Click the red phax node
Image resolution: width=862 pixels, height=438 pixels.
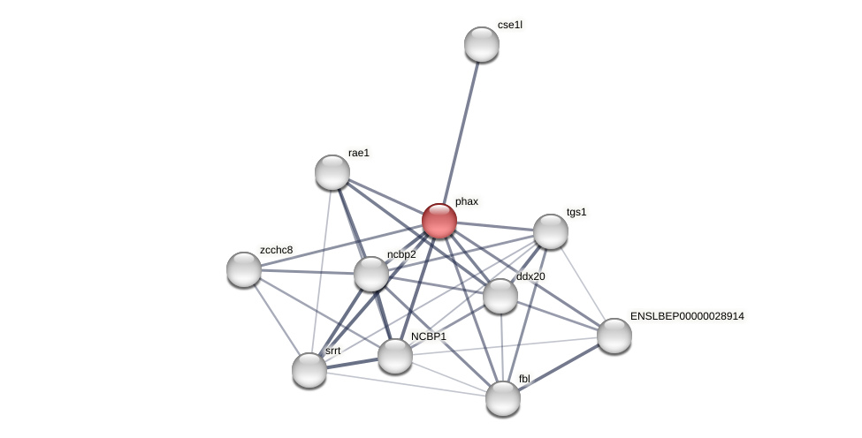[439, 221]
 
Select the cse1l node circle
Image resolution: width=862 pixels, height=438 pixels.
[482, 44]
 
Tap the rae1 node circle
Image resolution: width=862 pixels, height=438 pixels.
[332, 172]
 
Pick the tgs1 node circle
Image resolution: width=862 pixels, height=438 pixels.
[550, 231]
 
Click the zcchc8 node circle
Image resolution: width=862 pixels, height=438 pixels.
[244, 269]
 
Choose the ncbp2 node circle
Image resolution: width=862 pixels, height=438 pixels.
[371, 274]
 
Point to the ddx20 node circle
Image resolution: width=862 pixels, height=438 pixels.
[500, 296]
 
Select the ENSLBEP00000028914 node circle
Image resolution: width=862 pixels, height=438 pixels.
[614, 336]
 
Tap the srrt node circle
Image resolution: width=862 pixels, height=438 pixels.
[309, 370]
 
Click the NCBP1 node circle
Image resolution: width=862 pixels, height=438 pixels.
[395, 356]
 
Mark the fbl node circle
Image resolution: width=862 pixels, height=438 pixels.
[503, 398]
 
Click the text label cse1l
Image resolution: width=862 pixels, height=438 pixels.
[510, 25]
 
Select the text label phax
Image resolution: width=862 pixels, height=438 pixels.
[467, 201]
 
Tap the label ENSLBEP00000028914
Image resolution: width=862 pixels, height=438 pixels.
[687, 316]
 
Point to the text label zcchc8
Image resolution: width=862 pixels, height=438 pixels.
[276, 250]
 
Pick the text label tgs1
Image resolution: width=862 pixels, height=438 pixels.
[576, 212]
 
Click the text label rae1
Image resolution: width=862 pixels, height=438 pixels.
[359, 153]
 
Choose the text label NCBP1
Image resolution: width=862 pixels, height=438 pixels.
[429, 336]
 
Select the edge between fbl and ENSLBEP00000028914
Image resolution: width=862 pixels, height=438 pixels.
[559, 367]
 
